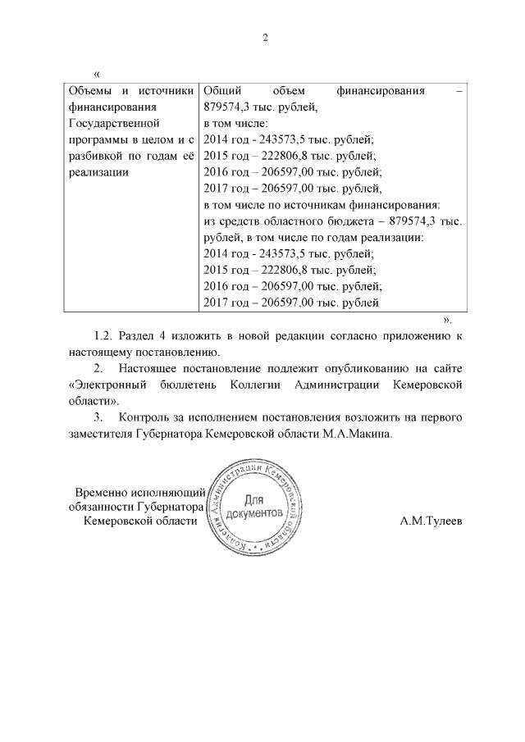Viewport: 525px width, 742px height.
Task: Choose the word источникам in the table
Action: (324, 204)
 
